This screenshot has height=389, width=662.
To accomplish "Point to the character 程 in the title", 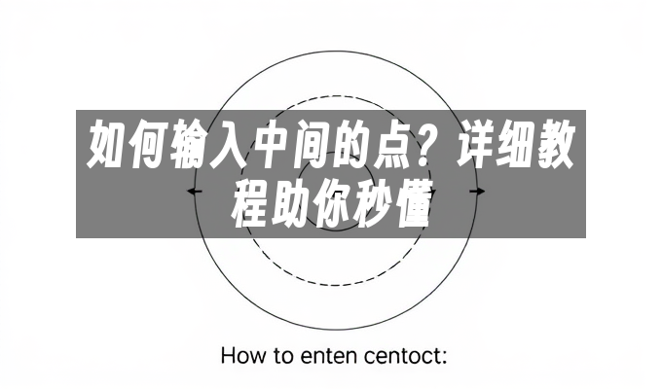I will pos(251,201).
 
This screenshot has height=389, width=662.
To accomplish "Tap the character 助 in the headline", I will pos(292,201).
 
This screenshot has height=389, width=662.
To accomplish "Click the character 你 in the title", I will pos(333,201).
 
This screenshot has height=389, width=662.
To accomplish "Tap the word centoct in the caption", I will pos(405,355).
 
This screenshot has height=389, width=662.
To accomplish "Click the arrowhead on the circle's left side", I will pos(195,193).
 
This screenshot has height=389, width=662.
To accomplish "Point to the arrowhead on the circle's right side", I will pos(477,192).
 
